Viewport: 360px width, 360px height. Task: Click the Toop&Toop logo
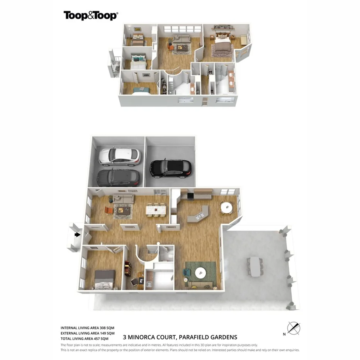tap(91, 15)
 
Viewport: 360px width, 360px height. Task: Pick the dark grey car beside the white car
tap(118, 177)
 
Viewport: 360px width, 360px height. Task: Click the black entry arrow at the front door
tap(78, 234)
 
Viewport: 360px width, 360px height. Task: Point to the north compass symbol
tap(294, 328)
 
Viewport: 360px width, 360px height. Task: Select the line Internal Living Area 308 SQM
tap(87, 328)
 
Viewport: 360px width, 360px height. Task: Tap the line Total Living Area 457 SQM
tap(87, 338)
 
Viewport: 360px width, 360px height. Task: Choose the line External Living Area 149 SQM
tap(87, 333)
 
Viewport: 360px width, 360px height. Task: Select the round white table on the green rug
tap(200, 272)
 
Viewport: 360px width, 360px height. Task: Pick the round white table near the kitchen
tap(226, 207)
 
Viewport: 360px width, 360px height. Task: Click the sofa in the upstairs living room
tap(181, 38)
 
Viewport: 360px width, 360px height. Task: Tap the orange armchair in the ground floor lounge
tap(109, 211)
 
